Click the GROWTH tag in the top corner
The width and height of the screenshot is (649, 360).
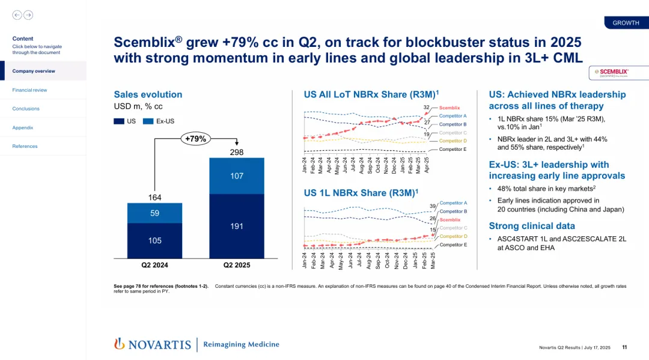(x=626, y=23)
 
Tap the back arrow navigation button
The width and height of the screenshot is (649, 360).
(x=17, y=15)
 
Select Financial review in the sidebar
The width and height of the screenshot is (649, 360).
(x=29, y=90)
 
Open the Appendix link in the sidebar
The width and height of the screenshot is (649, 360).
(x=23, y=127)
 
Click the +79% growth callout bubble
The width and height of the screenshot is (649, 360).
(x=196, y=139)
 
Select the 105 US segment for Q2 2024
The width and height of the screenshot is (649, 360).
(x=154, y=240)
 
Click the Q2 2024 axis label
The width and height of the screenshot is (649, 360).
(x=154, y=264)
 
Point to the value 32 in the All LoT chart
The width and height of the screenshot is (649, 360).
(x=426, y=107)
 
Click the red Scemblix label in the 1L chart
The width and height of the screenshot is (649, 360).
(x=450, y=220)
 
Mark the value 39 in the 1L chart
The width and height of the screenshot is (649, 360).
(x=432, y=206)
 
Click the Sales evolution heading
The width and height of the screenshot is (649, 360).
(x=148, y=94)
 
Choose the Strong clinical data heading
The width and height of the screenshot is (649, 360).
(x=532, y=226)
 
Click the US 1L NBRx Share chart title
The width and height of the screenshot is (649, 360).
(x=361, y=192)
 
